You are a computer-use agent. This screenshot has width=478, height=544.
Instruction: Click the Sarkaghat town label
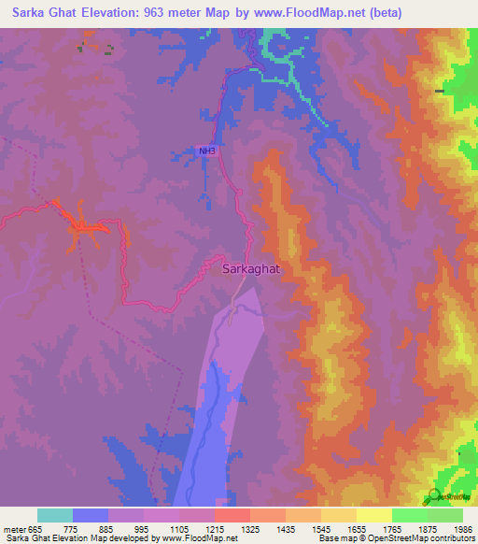tap(251, 268)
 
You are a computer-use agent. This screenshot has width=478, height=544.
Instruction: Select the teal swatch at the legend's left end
tap(55, 515)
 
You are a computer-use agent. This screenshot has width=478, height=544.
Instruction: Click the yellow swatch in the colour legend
tap(373, 515)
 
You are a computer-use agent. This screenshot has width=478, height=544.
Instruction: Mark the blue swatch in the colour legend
tap(91, 515)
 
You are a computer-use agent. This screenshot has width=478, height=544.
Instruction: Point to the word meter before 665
tap(14, 527)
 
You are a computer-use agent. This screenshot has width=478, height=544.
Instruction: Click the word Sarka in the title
tap(26, 13)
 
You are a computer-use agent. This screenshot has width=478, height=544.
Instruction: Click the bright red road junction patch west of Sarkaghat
tap(86, 225)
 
